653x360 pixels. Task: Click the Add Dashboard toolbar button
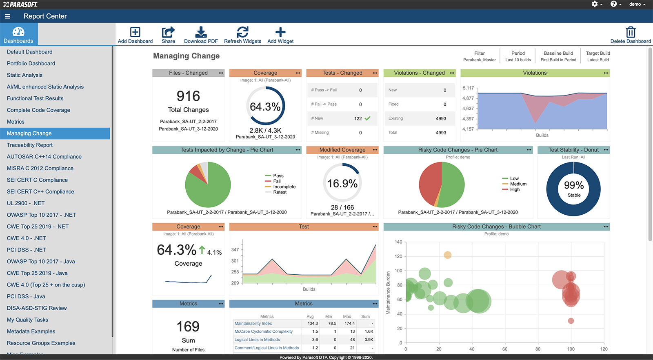tap(135, 35)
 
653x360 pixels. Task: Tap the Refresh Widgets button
tap(242, 35)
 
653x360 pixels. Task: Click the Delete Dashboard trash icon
tap(631, 32)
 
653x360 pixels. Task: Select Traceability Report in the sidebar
tap(30, 145)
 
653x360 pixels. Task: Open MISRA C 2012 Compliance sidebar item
tap(40, 168)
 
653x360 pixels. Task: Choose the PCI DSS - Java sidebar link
tap(26, 296)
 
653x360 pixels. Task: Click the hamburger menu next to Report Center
tap(7, 16)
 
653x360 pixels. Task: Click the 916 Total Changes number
tap(188, 96)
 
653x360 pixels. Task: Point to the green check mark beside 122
tap(368, 118)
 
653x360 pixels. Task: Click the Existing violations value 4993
tap(441, 119)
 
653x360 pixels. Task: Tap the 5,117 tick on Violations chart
tap(468, 88)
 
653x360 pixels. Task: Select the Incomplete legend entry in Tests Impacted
tap(284, 187)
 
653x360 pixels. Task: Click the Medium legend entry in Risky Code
tap(518, 184)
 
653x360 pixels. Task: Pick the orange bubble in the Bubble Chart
tap(448, 255)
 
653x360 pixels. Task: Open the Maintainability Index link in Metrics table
tap(253, 323)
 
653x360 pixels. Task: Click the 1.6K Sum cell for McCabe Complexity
tap(369, 331)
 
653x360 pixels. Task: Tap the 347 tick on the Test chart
tap(235, 249)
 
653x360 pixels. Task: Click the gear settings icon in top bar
tap(595, 4)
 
